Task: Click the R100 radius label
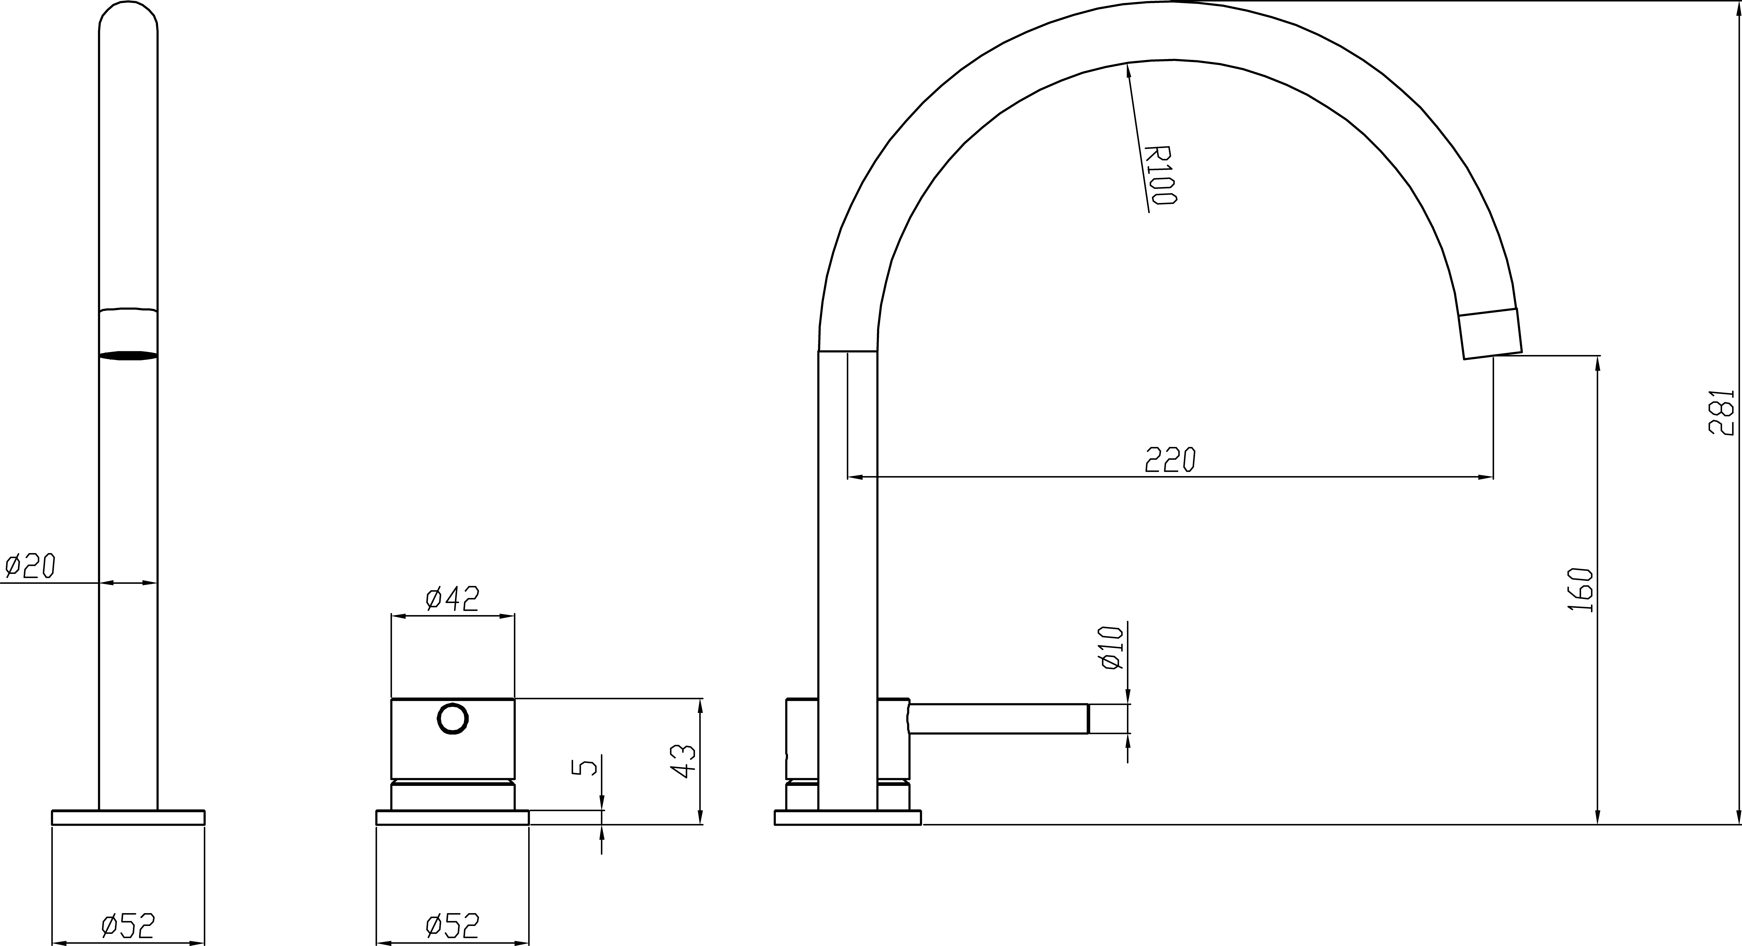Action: [1160, 175]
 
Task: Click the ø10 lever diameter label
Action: [1112, 648]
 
